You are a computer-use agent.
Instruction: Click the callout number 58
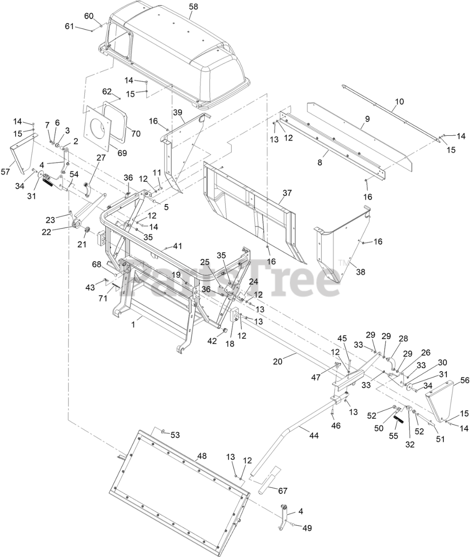click(x=193, y=6)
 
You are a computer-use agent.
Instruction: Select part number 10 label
click(x=399, y=102)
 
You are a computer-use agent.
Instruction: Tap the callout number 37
click(x=287, y=193)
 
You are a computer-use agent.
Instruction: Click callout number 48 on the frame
click(x=202, y=456)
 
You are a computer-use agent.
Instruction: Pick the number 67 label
click(x=283, y=491)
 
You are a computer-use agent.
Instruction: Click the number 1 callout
click(x=134, y=324)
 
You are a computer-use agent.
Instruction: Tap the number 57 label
click(x=5, y=172)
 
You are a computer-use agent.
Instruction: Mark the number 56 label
click(x=465, y=380)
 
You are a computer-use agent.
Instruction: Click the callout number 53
click(x=175, y=435)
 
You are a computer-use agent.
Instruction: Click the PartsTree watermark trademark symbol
click(x=342, y=262)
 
